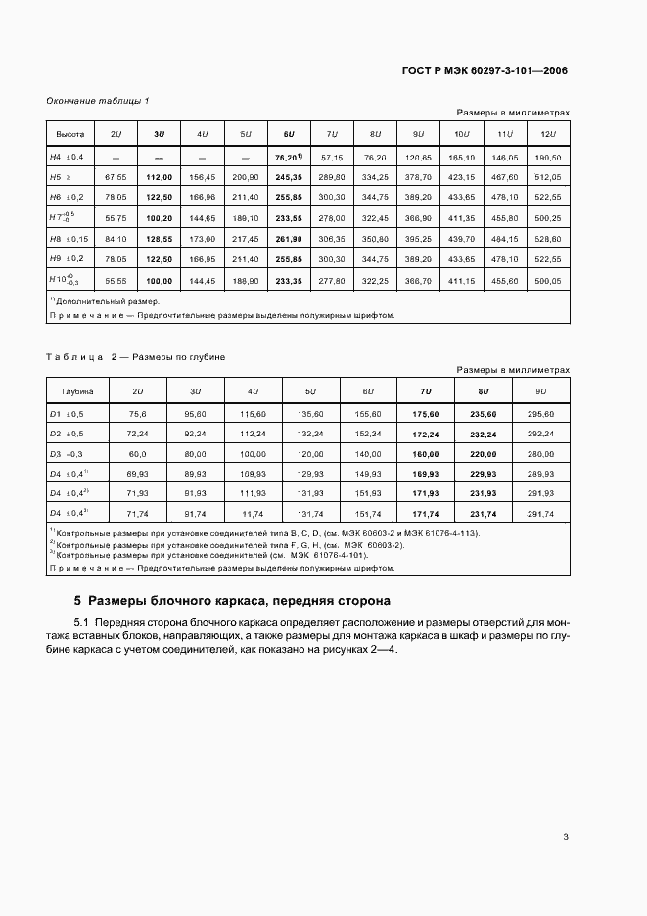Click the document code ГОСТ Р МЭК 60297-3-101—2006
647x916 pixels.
(x=484, y=70)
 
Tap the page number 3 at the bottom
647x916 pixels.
(x=566, y=836)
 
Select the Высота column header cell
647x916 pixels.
(x=69, y=134)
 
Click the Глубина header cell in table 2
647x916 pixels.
(x=77, y=391)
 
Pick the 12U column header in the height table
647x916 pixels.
(x=547, y=134)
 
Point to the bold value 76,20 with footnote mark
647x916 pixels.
(x=288, y=157)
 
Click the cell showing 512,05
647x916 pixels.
(x=547, y=178)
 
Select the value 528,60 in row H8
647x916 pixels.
(x=547, y=239)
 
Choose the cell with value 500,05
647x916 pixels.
(x=547, y=280)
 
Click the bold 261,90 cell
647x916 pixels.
(x=288, y=239)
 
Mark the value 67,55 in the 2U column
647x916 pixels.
(x=116, y=178)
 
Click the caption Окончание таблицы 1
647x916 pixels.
(x=98, y=101)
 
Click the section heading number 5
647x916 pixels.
(x=78, y=600)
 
